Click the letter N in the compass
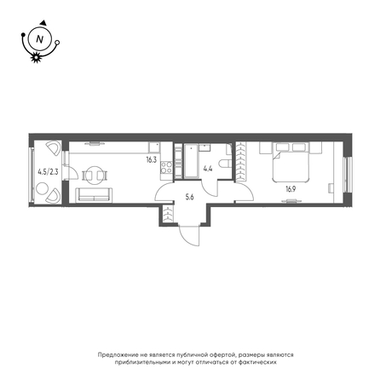tap(40, 38)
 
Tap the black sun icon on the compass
tap(36, 57)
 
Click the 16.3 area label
tap(152, 160)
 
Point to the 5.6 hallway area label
tap(189, 198)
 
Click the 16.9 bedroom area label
tap(291, 189)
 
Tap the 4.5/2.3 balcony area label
tap(48, 172)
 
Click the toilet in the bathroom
tap(227, 164)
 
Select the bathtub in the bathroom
tap(191, 161)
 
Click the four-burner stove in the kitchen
tap(166, 167)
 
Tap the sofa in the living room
tap(94, 195)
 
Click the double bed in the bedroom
tap(291, 162)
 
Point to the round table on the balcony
tap(42, 188)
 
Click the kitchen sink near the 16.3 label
tap(154, 147)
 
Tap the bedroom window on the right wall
tap(347, 175)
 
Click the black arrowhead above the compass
tap(43, 22)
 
